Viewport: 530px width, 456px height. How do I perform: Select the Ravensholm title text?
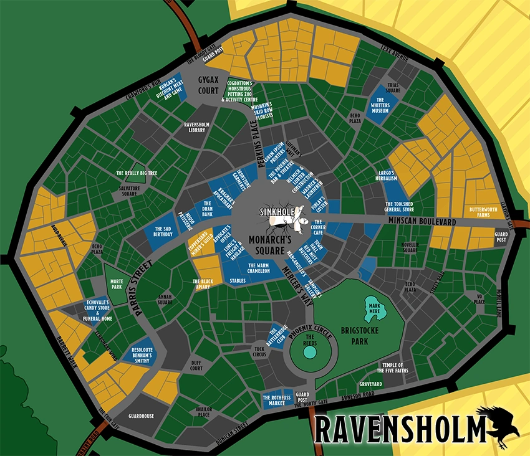[399, 429]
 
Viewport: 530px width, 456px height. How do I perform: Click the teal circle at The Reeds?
[309, 351]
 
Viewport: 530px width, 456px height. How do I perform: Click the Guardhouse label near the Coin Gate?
[140, 415]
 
